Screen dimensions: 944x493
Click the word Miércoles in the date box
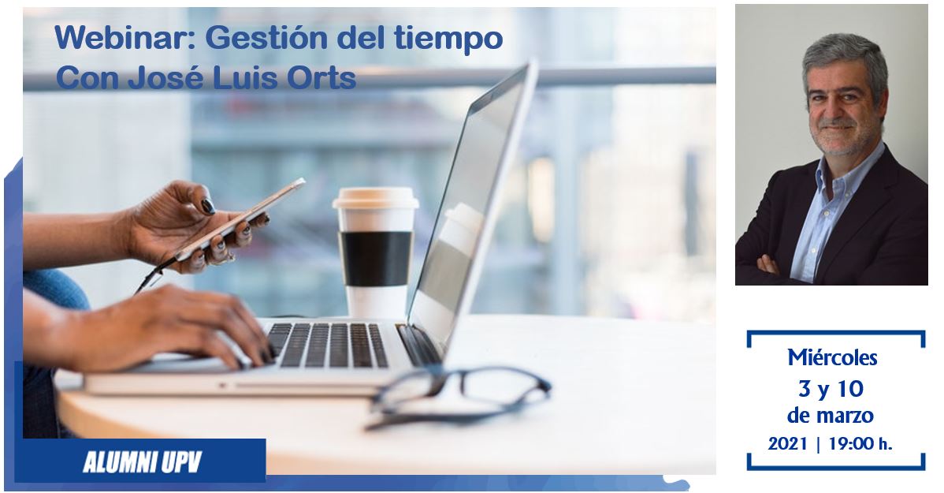coord(832,357)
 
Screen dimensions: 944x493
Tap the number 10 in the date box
coord(850,389)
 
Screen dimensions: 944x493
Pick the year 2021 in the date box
coord(787,444)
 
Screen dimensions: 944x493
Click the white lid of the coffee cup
coord(376,198)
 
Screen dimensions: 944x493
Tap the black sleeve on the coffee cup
coord(376,258)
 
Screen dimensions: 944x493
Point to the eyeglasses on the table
coord(458,394)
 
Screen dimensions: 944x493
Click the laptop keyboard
coord(328,345)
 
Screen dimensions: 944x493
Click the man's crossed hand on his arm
coord(768,264)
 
